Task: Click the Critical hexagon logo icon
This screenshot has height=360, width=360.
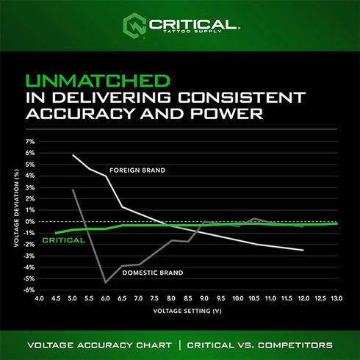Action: tap(134, 24)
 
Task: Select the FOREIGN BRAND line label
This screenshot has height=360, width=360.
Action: tap(137, 170)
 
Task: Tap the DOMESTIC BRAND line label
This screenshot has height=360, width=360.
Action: tap(153, 273)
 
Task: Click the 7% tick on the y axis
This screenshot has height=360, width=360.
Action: tap(30, 141)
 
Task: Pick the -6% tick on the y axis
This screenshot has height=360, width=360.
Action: tap(29, 289)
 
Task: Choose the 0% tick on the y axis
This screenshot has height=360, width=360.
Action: tap(30, 221)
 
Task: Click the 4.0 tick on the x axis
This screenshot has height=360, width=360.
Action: tap(40, 299)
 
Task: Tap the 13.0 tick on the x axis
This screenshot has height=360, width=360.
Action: tap(336, 299)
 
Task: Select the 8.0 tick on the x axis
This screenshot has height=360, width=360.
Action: tap(171, 299)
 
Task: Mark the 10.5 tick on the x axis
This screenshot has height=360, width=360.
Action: tap(254, 299)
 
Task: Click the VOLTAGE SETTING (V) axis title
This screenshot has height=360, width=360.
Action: tap(188, 311)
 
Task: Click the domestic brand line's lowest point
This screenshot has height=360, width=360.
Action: tap(106, 282)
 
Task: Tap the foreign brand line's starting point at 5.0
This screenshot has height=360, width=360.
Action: tap(73, 155)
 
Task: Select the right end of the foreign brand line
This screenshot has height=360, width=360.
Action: tap(303, 251)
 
